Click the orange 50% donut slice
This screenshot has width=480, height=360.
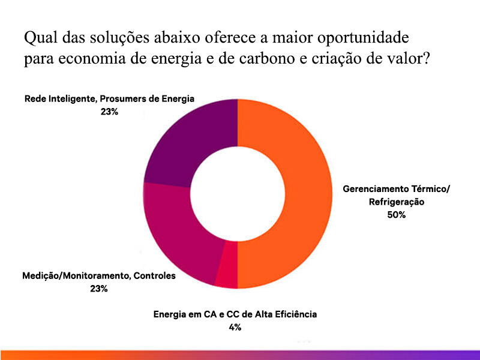294,192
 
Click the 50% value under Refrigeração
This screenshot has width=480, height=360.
397,214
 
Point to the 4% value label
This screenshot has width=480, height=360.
235,327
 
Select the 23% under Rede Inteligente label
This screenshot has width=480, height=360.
109,111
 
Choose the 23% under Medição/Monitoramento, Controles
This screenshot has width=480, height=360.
98,289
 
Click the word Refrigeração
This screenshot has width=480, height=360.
397,202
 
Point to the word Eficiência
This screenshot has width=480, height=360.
296,314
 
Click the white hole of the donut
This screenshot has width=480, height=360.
238,193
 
